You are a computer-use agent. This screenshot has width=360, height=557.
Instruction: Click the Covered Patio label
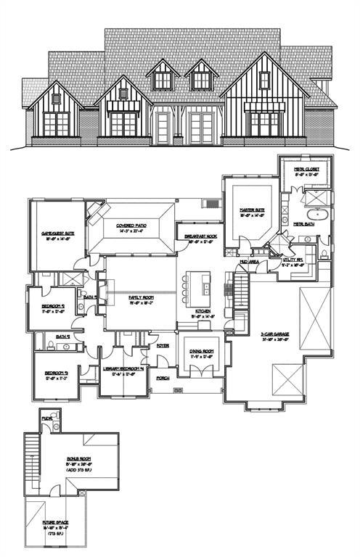coord(131,226)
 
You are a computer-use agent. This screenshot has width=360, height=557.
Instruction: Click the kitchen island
coord(199,286)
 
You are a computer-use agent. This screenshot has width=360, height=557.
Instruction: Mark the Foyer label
coord(163,345)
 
